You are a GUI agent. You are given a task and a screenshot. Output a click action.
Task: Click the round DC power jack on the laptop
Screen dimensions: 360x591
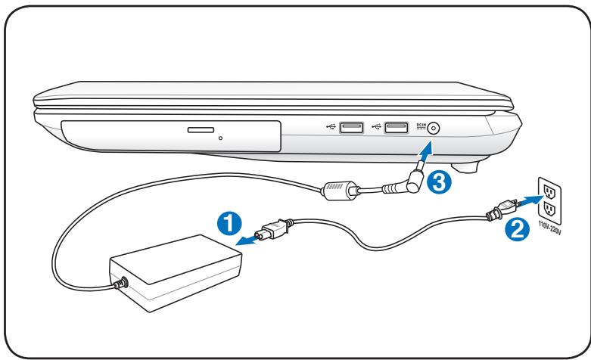[x=434, y=129]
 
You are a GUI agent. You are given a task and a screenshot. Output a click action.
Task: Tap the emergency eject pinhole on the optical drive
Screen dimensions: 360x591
[x=219, y=138]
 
